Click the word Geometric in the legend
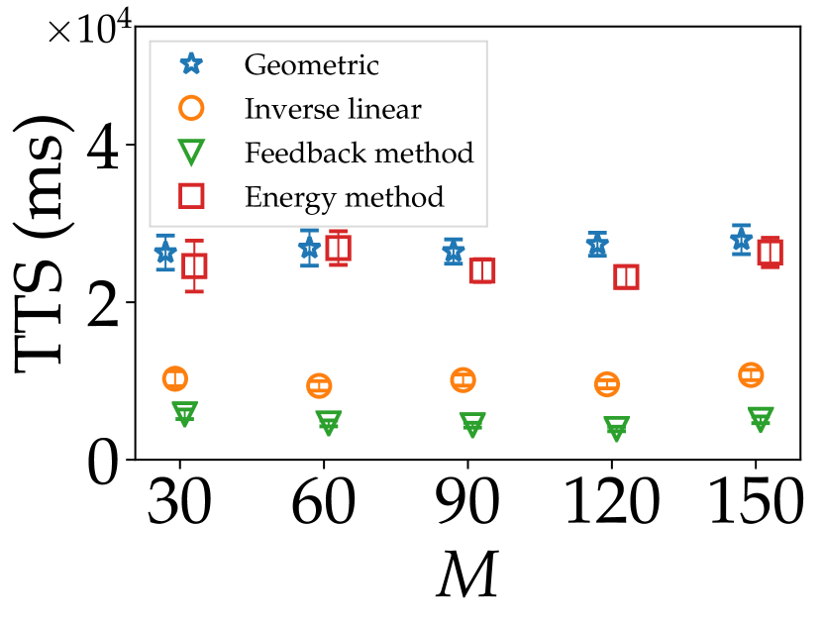point(311,65)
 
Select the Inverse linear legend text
point(333,109)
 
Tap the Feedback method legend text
point(359,153)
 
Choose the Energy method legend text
point(344,196)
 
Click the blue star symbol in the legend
point(191,64)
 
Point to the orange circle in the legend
point(191,108)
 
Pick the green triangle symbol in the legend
point(191,153)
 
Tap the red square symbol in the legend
point(191,196)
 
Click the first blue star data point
point(165,252)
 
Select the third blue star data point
point(454,253)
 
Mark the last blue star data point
point(741,239)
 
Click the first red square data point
point(194,265)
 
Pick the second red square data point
point(339,249)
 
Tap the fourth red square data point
point(626,276)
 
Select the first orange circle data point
point(175,378)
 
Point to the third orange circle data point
point(463,379)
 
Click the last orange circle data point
point(751,374)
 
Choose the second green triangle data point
point(329,422)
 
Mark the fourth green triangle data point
point(616,428)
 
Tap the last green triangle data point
point(761,418)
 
